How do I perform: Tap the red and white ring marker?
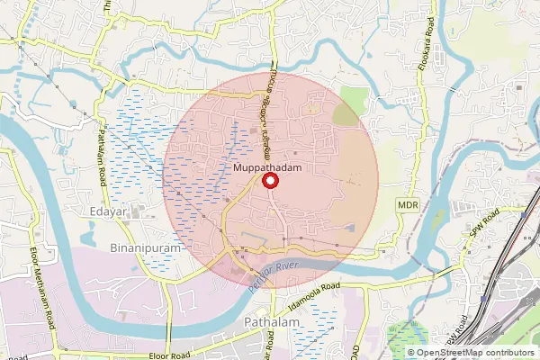(x=269, y=181)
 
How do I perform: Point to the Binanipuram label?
(x=145, y=246)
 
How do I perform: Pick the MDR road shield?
(x=407, y=206)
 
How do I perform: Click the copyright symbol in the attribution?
(x=411, y=353)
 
